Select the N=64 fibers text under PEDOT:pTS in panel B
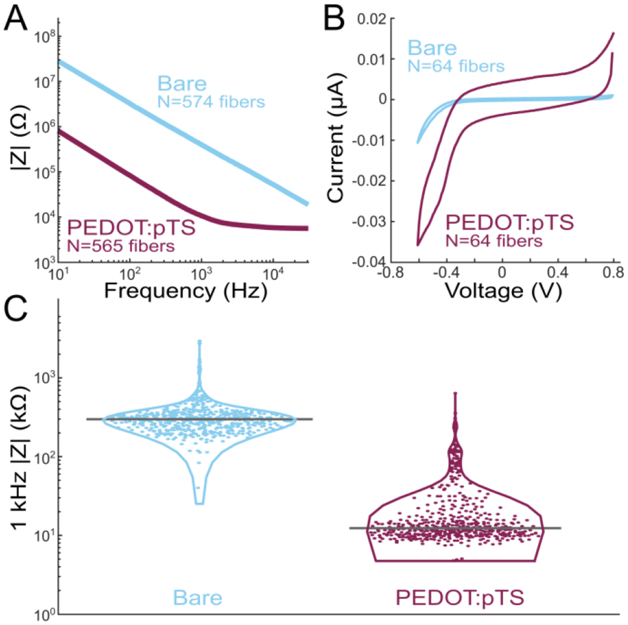click(x=495, y=240)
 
